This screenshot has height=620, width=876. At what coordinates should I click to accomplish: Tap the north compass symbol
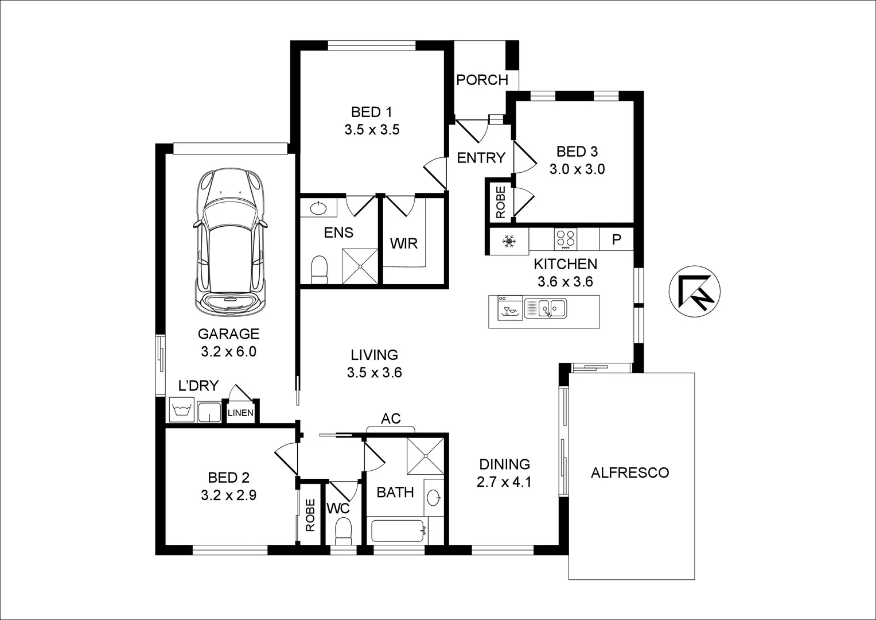point(695,292)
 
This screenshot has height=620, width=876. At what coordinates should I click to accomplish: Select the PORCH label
point(482,80)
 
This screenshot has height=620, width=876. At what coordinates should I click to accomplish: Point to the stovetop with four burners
point(565,238)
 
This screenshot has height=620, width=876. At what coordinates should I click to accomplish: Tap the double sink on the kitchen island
point(546,309)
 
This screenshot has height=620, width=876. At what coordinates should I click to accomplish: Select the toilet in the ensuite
point(318,270)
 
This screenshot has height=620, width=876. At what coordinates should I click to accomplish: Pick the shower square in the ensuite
point(360,266)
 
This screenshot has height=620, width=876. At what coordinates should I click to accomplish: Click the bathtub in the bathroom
point(398,531)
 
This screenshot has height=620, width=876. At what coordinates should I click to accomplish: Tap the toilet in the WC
point(343,530)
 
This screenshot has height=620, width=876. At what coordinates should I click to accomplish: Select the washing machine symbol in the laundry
point(182,411)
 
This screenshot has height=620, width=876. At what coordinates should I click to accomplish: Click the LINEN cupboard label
point(240,413)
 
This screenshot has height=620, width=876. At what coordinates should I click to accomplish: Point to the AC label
point(391,418)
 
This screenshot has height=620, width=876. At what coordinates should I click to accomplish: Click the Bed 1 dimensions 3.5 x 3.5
point(372,130)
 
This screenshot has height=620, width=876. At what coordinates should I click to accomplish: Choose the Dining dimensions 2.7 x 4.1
point(504,482)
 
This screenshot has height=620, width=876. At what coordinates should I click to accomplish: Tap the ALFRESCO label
point(630,472)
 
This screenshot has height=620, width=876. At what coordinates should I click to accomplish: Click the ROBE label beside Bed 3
point(500,202)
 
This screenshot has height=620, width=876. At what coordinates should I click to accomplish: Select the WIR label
point(404,243)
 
